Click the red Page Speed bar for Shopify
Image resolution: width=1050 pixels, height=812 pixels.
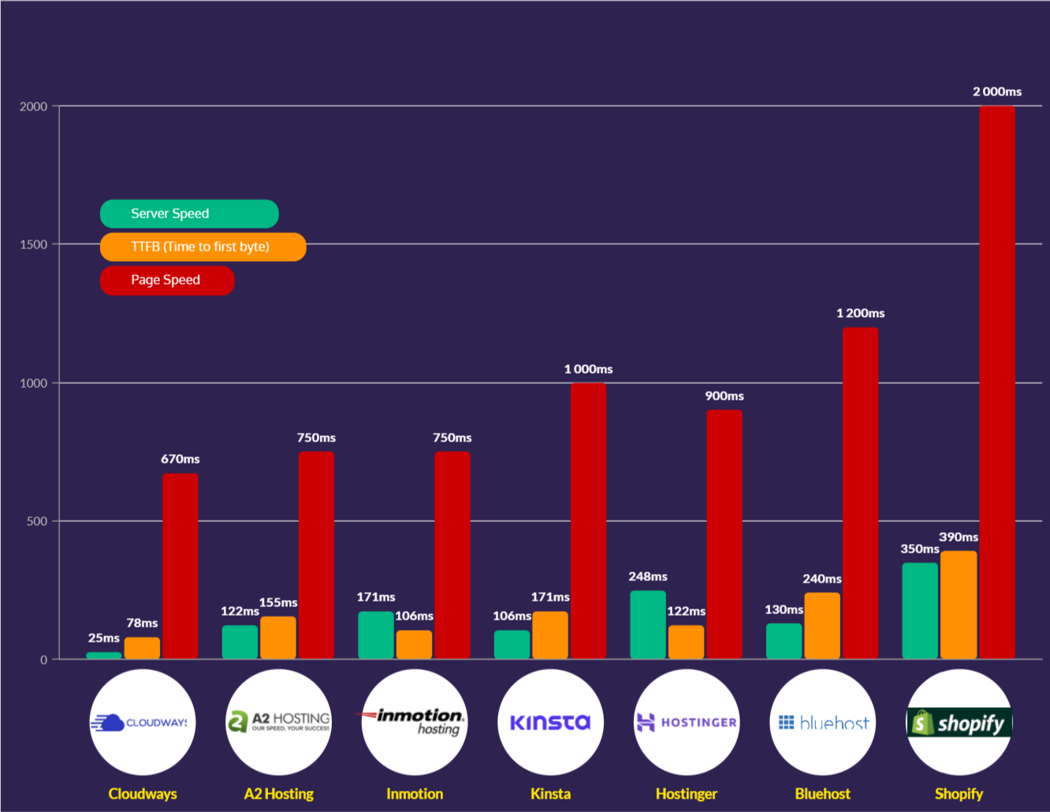997,382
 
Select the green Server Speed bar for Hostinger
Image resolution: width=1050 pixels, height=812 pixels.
648,624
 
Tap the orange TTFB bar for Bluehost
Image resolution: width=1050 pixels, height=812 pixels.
822,626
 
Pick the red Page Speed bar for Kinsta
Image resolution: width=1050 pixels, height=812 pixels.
588,520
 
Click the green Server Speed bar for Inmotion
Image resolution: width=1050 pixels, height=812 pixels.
376,635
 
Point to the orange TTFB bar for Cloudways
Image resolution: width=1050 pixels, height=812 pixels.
142,648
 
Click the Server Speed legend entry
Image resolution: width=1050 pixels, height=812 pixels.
189,214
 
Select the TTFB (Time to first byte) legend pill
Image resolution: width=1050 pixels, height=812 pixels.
203,247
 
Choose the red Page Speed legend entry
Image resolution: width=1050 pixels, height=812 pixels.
167,281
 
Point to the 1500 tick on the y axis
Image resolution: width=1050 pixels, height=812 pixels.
34,244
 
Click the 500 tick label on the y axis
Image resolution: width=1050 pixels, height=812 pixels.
37,521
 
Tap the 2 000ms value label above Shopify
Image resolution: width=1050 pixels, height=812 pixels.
997,91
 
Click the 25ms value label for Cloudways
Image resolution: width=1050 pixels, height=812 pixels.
104,638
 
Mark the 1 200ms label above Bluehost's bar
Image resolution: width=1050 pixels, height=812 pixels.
860,313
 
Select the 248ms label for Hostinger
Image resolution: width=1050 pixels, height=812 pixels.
648,576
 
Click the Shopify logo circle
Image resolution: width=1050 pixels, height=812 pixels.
959,722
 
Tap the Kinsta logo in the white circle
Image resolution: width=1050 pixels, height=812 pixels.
550,722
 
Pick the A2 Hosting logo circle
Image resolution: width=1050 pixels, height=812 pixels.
278,722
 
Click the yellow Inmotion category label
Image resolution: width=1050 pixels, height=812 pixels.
415,794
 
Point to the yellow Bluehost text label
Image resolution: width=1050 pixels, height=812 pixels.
822,794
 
